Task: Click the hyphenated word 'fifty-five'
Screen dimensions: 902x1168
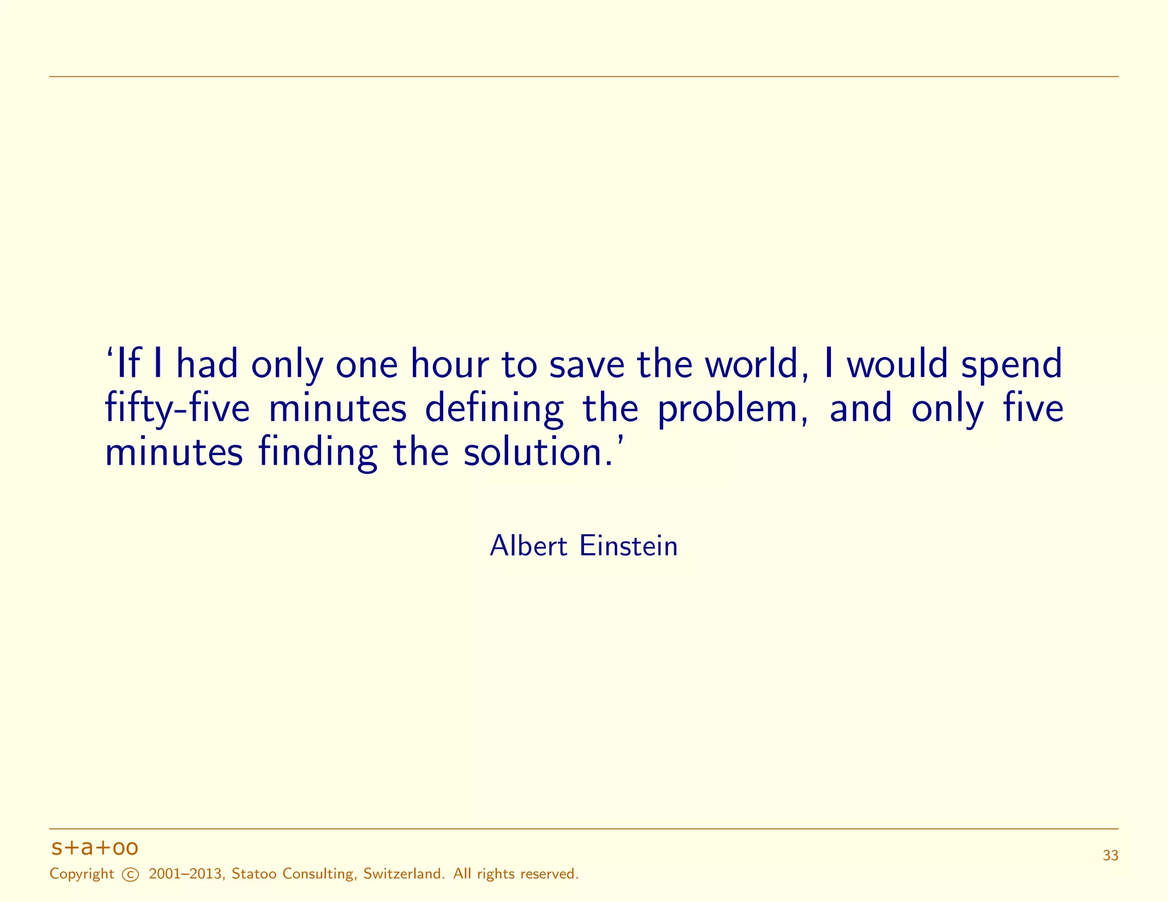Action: pyautogui.click(x=177, y=409)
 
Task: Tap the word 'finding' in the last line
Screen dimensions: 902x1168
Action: pyautogui.click(x=318, y=453)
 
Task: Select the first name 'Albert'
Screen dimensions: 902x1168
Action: pyautogui.click(x=529, y=546)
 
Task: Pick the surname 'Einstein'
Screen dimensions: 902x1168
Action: pyautogui.click(x=628, y=546)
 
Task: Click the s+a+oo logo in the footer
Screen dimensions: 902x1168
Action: pyautogui.click(x=94, y=848)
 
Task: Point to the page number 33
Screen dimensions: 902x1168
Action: pyautogui.click(x=1110, y=856)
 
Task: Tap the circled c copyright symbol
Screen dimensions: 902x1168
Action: pyautogui.click(x=131, y=875)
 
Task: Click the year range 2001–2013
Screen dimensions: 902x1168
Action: pyautogui.click(x=185, y=874)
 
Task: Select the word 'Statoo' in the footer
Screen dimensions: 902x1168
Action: pyautogui.click(x=254, y=874)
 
